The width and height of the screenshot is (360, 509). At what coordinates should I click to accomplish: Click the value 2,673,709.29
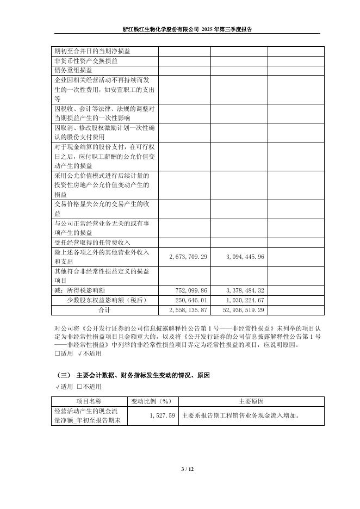tap(188, 256)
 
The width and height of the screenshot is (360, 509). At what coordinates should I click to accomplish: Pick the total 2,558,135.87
tap(188, 310)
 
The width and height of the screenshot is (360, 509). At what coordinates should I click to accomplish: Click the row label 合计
tap(104, 310)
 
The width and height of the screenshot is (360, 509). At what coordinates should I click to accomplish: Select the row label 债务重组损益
tap(73, 70)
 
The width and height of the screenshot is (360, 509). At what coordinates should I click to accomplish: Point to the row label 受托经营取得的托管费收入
tap(92, 242)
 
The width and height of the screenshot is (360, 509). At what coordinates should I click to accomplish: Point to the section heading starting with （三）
tap(133, 376)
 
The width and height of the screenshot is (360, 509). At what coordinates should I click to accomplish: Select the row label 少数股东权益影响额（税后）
tap(107, 300)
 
